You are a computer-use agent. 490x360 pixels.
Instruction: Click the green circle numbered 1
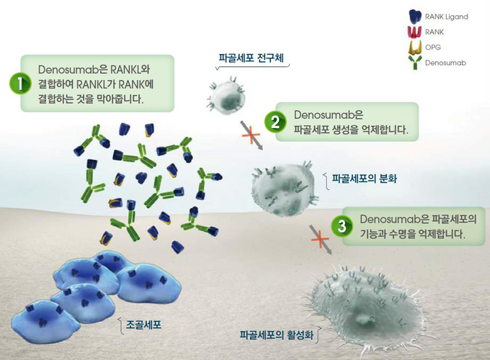click(x=20, y=84)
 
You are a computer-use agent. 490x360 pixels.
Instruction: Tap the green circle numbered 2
click(x=275, y=122)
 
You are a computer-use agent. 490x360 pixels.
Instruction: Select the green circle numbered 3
click(x=342, y=226)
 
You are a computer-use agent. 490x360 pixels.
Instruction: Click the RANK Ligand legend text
click(x=446, y=17)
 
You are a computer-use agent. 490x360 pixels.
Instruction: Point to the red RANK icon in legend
click(x=415, y=32)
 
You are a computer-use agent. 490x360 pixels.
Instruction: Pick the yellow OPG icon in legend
click(x=415, y=48)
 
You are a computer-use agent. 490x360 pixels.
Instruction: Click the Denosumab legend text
click(x=445, y=63)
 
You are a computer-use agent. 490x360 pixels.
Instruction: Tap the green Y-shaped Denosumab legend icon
click(x=415, y=62)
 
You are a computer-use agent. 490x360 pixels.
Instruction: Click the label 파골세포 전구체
click(x=251, y=58)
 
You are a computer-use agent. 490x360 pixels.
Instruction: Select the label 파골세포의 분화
click(x=364, y=179)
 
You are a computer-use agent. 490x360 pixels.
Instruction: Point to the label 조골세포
click(x=143, y=325)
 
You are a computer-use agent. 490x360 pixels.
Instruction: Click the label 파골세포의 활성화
click(x=276, y=335)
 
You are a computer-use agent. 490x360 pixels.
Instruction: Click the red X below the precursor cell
click(x=251, y=135)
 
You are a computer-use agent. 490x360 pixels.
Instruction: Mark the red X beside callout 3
click(x=320, y=240)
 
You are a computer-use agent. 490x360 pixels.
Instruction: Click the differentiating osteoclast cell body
click(x=283, y=189)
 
